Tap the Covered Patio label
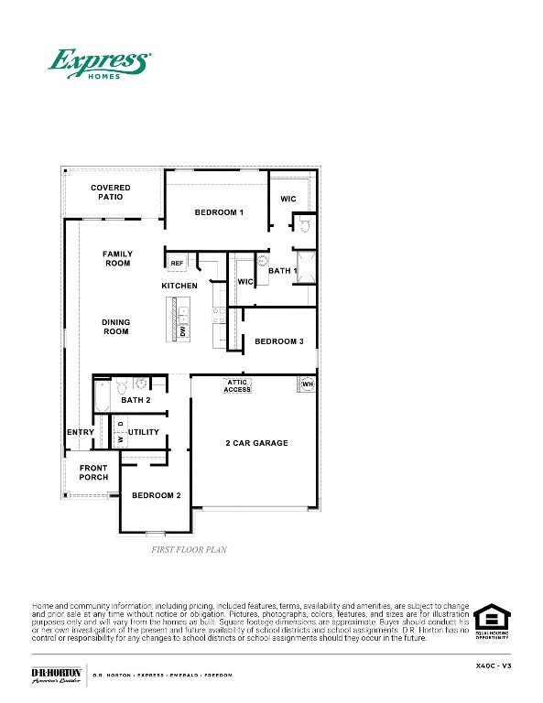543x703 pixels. [110, 192]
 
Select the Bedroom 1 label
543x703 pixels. [219, 212]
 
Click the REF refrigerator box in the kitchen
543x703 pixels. [177, 264]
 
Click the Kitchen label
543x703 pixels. [179, 287]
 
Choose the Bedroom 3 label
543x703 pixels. [279, 341]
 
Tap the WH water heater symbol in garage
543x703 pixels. [307, 384]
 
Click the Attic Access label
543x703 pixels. [237, 386]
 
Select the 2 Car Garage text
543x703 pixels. [256, 443]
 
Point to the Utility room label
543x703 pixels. [144, 432]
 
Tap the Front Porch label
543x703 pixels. [93, 472]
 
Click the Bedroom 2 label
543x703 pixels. [156, 495]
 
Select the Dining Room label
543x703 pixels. [116, 327]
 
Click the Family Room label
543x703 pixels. [117, 259]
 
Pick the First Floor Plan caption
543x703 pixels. [189, 550]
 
